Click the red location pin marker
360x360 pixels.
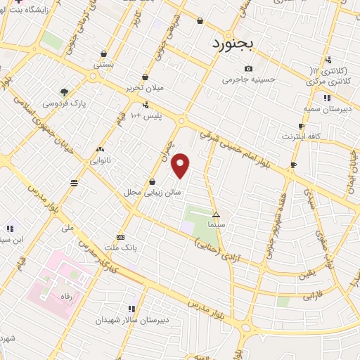[181, 165]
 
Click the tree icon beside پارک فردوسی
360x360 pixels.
[64, 91]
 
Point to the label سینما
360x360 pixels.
[217, 224]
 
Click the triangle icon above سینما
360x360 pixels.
[217, 214]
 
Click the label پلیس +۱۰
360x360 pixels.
[148, 115]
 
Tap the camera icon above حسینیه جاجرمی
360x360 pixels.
[248, 69]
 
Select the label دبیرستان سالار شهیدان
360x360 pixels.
[131, 319]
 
